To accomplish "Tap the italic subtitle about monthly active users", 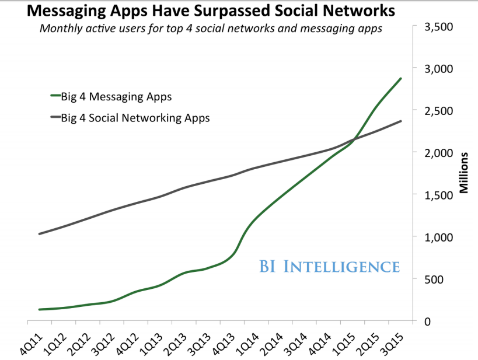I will (x=211, y=29).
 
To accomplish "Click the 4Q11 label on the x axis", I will (x=33, y=340).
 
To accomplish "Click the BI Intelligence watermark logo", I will (x=330, y=267).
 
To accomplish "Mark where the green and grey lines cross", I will (x=354, y=139).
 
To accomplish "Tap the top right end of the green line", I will (x=400, y=78).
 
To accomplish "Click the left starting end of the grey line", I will (x=39, y=233).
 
